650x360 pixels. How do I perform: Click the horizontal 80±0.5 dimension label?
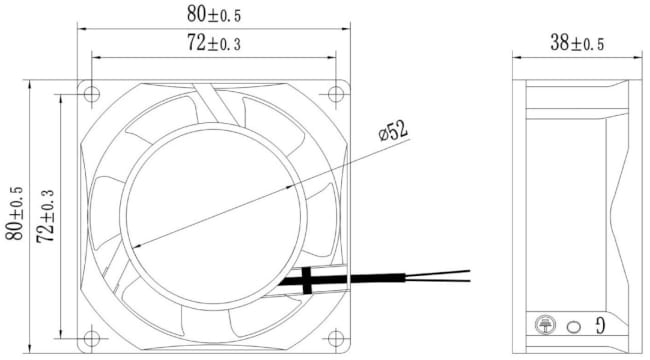tap(213, 15)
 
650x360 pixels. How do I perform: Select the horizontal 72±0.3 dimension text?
tap(213, 43)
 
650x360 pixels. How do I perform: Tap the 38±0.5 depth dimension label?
tap(577, 43)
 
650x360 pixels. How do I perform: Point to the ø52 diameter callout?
tap(393, 131)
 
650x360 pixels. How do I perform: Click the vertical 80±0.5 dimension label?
tap(15, 213)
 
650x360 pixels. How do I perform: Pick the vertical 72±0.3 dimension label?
tap(45, 216)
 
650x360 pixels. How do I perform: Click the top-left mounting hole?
tap(91, 94)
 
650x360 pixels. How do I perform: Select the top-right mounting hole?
tap(336, 94)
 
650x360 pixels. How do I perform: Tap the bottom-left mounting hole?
tap(91, 338)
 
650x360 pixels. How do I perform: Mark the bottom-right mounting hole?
tap(336, 338)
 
